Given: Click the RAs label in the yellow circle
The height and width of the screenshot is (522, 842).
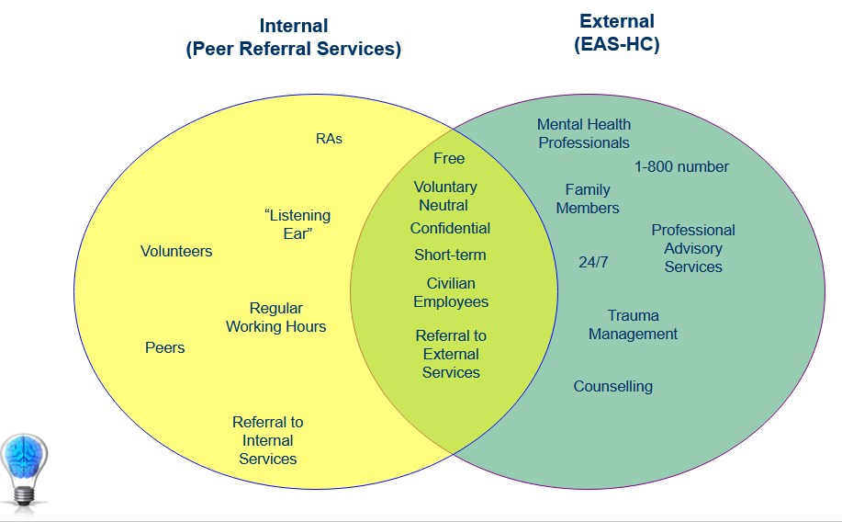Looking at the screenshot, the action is (329, 139).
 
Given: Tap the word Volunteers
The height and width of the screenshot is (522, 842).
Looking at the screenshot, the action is (176, 251).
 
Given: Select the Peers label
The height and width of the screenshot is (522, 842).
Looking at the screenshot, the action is (165, 347).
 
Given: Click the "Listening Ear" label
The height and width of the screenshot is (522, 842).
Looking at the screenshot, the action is (298, 224).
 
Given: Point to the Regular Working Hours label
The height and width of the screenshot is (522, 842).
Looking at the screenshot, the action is (276, 317).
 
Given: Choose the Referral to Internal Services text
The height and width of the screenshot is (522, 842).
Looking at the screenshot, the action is (267, 440).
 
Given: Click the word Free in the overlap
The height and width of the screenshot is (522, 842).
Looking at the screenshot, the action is (449, 159).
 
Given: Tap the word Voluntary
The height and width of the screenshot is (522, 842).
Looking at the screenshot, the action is (445, 187).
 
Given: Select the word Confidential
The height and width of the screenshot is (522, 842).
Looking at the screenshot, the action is (450, 229).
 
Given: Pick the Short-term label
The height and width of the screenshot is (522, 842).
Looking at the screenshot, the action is (450, 255).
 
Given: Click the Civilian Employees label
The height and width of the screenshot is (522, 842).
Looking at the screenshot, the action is (451, 292).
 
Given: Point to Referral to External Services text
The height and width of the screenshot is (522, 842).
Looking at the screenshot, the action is (451, 354).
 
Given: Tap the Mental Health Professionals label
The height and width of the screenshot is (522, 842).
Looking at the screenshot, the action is (584, 133).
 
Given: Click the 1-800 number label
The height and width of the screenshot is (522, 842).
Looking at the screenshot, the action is (681, 166).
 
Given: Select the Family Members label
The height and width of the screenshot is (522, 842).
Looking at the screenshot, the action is (588, 199).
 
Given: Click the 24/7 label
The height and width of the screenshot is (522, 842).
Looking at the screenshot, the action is (593, 262).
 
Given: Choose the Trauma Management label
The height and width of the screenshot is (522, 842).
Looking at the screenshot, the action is (634, 324).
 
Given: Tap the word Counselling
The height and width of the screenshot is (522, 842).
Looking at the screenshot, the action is (613, 387).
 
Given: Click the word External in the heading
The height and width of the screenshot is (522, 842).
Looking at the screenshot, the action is (617, 21).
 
